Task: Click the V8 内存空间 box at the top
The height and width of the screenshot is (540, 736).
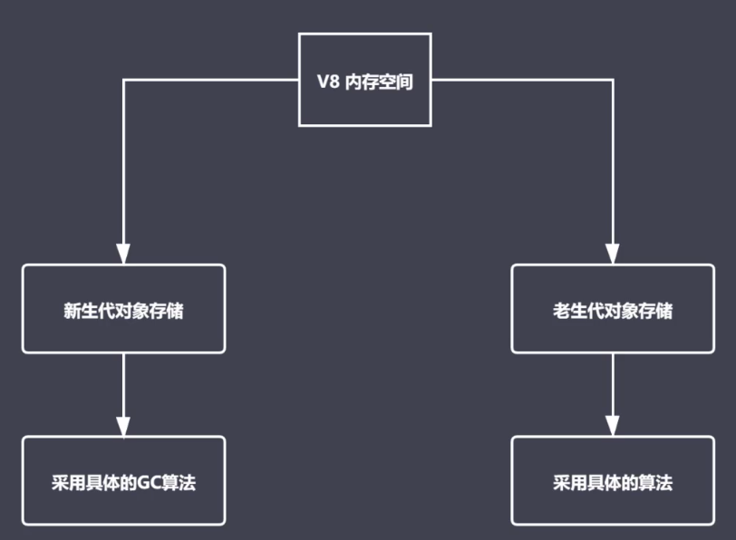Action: (x=364, y=80)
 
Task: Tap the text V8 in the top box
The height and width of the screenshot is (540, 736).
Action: (x=327, y=82)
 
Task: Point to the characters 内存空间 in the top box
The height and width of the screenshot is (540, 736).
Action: (x=380, y=82)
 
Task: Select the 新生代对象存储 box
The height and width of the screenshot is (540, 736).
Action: (x=123, y=309)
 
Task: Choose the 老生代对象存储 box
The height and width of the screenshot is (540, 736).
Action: (x=613, y=309)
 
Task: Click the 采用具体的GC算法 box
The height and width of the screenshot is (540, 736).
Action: (x=123, y=481)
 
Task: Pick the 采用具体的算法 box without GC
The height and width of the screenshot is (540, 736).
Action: (x=613, y=481)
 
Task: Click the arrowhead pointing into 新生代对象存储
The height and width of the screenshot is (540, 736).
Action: (x=123, y=254)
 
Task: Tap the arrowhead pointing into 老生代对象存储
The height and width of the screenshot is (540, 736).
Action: (x=613, y=254)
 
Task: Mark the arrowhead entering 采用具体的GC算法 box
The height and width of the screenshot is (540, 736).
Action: (x=123, y=426)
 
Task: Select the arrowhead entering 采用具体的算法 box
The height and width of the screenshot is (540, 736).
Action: (x=613, y=426)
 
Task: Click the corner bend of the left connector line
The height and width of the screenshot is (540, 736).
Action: (x=123, y=81)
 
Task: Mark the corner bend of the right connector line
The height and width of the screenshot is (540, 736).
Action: (x=613, y=81)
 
